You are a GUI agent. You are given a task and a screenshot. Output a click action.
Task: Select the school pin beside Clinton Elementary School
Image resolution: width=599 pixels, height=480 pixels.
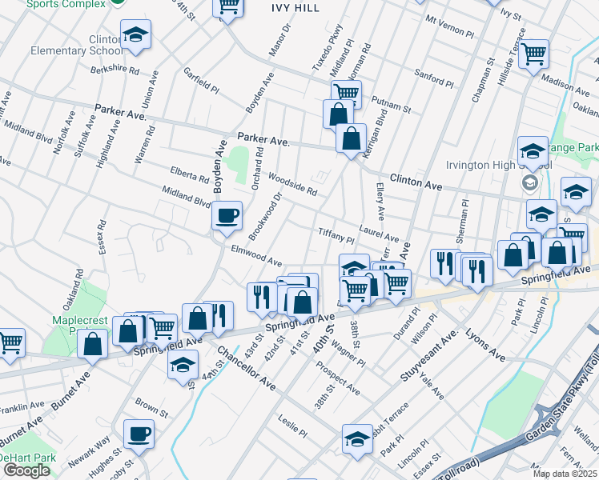[x=136, y=36]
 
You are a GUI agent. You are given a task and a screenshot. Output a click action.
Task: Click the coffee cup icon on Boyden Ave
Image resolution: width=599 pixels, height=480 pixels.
[x=227, y=216]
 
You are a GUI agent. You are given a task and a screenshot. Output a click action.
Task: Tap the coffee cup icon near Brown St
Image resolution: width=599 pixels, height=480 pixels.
[x=139, y=435]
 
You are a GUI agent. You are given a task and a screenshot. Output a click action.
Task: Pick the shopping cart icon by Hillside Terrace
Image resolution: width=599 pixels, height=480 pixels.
[x=533, y=54]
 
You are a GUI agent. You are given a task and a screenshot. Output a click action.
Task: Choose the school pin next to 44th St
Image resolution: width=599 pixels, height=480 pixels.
[x=183, y=366]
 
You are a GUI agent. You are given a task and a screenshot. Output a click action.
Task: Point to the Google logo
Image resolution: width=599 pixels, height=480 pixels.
[x=26, y=470]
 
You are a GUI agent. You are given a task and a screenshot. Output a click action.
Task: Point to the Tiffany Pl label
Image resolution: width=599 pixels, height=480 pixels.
[x=336, y=234]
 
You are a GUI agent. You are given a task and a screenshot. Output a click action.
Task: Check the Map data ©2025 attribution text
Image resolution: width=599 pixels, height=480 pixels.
[x=565, y=474]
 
